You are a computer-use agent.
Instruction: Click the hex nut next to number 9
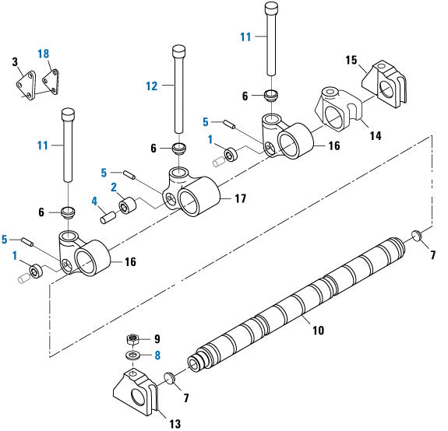[132, 340]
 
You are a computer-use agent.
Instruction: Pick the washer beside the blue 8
[133, 356]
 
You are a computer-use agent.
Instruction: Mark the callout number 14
[376, 135]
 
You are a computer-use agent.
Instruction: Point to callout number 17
[241, 200]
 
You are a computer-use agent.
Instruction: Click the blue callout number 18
[43, 53]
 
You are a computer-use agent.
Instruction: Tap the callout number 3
[14, 61]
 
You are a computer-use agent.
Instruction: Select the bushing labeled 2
[128, 208]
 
